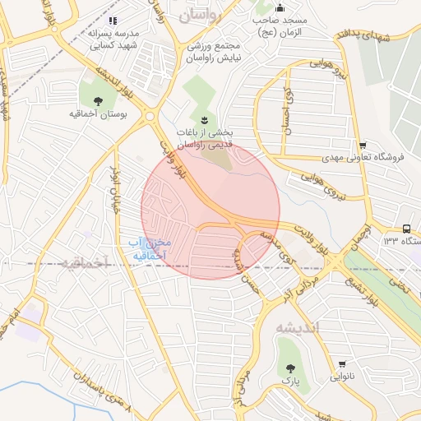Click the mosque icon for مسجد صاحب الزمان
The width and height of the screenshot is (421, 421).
coord(280,7)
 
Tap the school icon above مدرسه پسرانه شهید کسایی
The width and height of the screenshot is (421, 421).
coord(113,20)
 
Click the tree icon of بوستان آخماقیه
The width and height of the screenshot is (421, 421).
coord(99,101)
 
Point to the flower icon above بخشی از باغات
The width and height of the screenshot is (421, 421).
coord(206,118)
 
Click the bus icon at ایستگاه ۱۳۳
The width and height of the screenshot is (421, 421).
coord(407,229)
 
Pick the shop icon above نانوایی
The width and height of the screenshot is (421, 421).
coord(341,365)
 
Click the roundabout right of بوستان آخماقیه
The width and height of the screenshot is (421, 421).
coord(150,117)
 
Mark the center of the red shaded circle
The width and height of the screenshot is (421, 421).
coord(210,210)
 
